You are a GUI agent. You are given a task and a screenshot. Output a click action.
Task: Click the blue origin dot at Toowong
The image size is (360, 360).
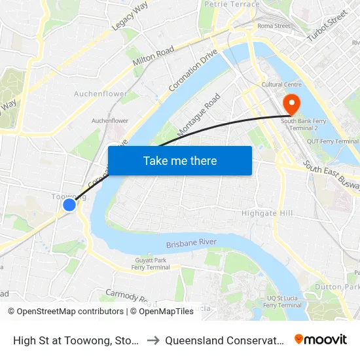click(x=69, y=205)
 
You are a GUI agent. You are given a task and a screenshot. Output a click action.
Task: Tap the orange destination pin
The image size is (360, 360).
click(x=289, y=104)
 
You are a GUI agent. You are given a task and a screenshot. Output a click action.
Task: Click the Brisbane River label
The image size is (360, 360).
click(x=191, y=243)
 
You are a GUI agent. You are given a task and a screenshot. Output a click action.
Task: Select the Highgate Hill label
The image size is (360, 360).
click(x=268, y=213)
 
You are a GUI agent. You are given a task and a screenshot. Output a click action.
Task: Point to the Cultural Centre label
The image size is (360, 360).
click(x=280, y=85)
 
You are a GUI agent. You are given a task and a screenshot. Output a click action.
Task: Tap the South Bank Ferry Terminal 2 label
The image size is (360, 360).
click(x=304, y=124)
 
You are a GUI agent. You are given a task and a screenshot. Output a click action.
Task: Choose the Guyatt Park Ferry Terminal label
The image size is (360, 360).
click(x=151, y=264)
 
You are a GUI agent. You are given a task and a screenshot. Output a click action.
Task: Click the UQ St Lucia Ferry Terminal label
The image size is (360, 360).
click(x=286, y=302)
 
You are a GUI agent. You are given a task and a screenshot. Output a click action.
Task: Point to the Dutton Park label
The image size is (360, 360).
click(x=337, y=287)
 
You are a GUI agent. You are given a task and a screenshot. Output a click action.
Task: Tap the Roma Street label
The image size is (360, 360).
click(x=274, y=26)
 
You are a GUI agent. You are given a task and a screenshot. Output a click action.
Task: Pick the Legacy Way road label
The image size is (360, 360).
click(x=131, y=14)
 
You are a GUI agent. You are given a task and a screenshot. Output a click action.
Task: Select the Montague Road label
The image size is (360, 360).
click(x=199, y=114)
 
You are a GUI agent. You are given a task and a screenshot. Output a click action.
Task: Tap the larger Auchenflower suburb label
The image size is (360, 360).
click(x=101, y=94)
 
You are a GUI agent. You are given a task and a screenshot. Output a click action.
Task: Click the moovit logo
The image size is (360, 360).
click(x=321, y=339)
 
